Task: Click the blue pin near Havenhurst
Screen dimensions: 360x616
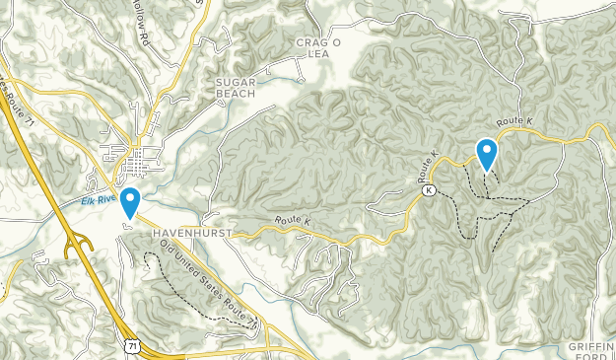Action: pos(129,201)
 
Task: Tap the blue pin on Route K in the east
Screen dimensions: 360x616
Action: pos(487,154)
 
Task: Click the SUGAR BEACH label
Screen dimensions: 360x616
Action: pos(236,89)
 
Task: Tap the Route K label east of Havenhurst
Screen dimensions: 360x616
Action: pos(293,221)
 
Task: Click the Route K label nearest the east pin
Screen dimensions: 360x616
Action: pos(513,121)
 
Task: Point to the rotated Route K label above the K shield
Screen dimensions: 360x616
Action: pos(428,167)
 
